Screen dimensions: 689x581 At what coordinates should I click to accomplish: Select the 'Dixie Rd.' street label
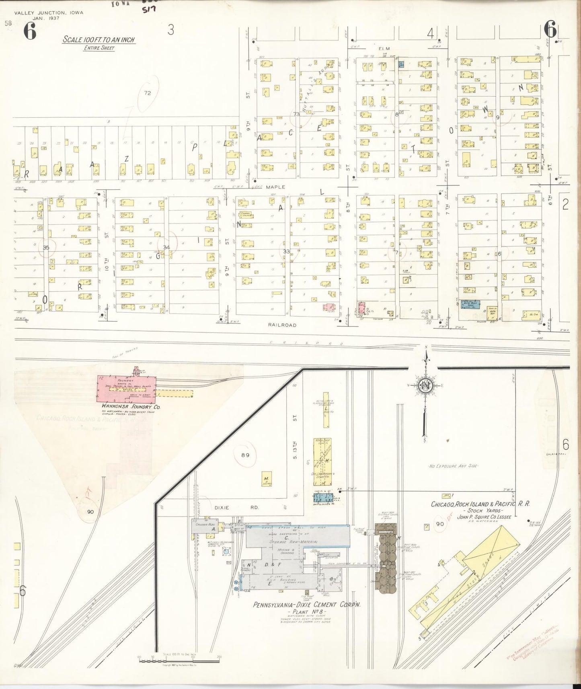tap(225, 507)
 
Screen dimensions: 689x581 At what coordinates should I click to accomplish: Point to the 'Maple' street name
tap(275, 187)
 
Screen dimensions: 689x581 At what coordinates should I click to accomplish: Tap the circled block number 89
tap(246, 455)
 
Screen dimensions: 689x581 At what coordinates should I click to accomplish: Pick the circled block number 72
tap(147, 93)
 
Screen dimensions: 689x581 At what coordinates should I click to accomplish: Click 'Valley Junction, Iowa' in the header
tap(49, 12)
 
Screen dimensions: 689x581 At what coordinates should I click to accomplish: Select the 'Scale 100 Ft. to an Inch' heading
tap(99, 40)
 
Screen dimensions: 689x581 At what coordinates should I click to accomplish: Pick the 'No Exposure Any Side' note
tap(453, 466)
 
